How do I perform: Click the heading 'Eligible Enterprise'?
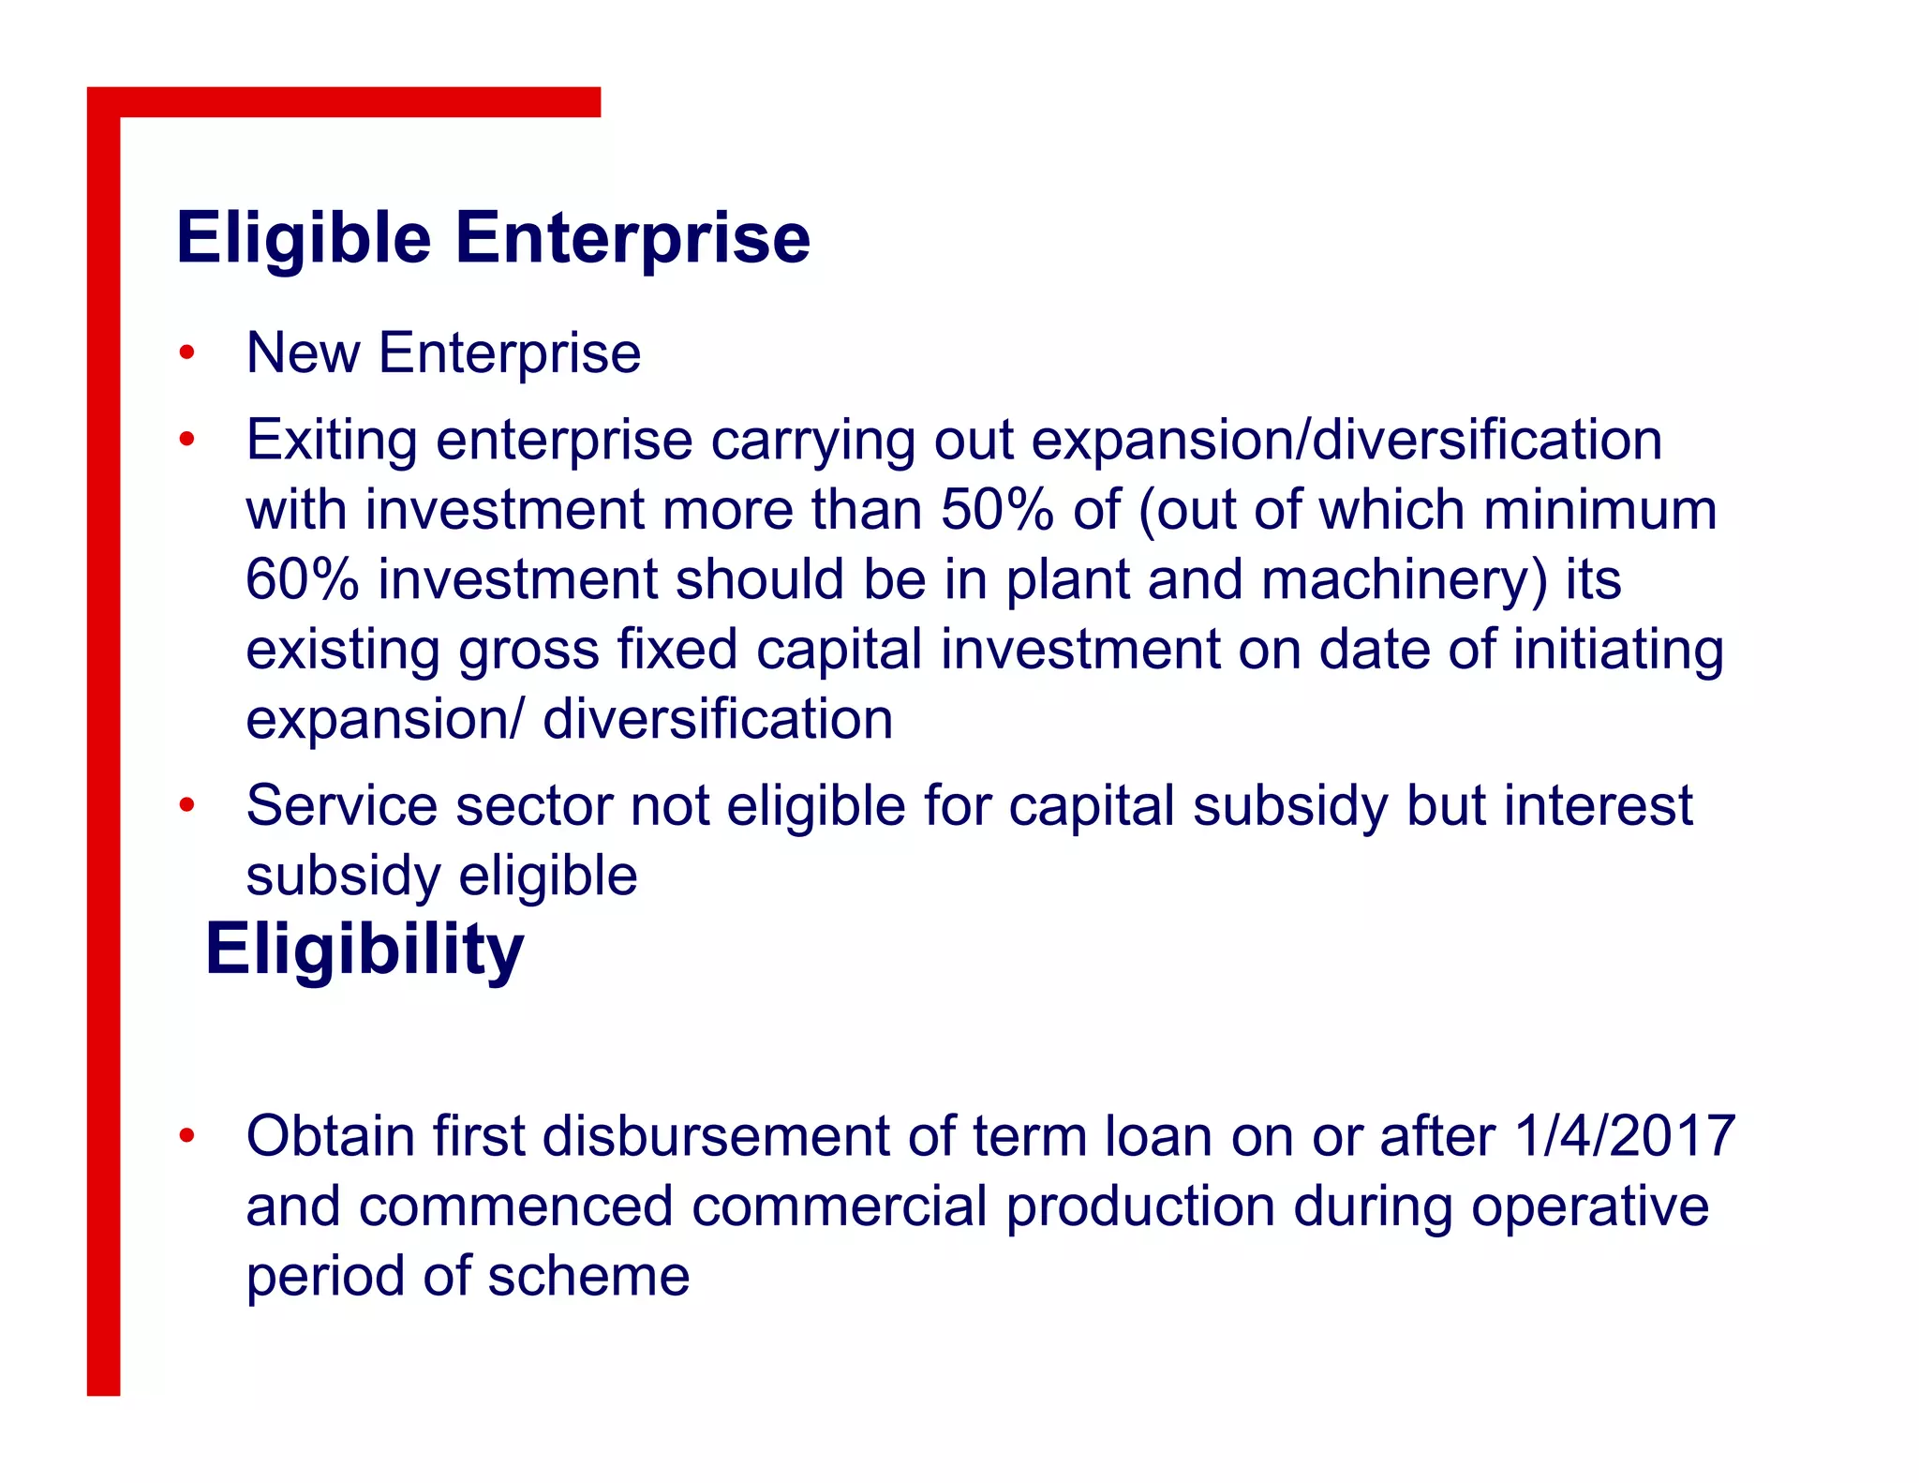click(x=493, y=238)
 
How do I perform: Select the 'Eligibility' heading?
click(x=364, y=951)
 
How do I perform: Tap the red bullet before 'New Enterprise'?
click(x=187, y=353)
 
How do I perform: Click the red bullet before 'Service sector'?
click(x=187, y=805)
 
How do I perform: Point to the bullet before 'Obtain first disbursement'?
click(x=187, y=1136)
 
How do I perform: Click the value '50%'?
click(x=997, y=510)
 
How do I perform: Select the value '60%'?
click(x=302, y=579)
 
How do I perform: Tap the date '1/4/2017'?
click(x=1625, y=1136)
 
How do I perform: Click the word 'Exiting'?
click(x=332, y=441)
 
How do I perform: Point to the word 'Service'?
click(x=341, y=805)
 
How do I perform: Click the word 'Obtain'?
click(x=330, y=1136)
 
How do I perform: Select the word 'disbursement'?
click(x=715, y=1136)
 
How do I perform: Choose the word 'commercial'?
click(x=840, y=1206)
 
